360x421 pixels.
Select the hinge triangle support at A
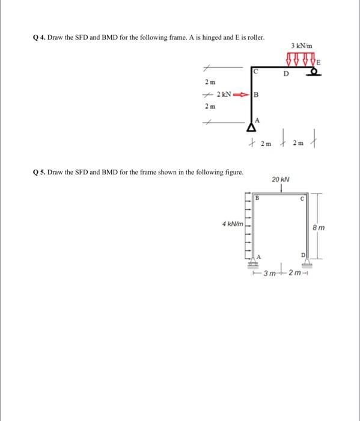[x=250, y=127]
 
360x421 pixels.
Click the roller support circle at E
[x=314, y=72]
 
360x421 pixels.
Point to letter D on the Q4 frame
[x=286, y=75]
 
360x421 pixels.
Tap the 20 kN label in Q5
[x=281, y=179]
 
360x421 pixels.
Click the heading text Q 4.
[x=38, y=37]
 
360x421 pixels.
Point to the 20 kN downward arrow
[x=281, y=188]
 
